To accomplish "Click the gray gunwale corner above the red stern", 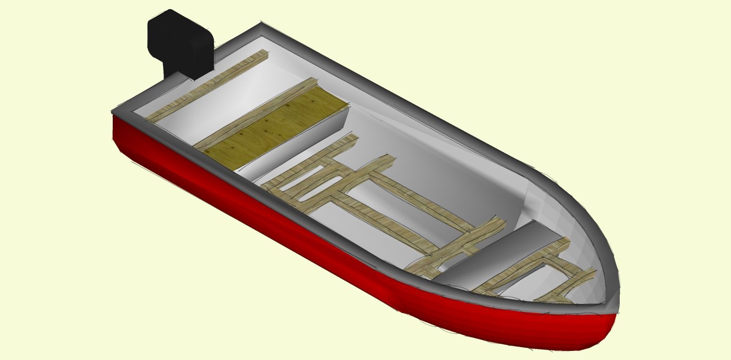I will (x=120, y=113).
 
